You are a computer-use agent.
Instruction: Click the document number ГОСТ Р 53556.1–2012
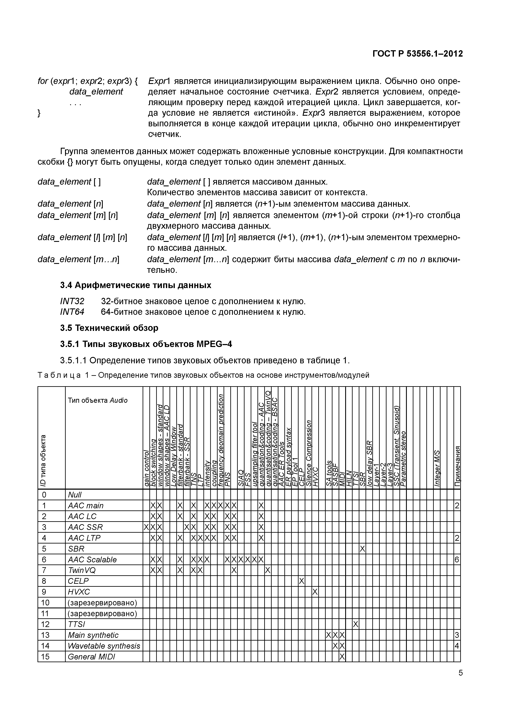point(417,54)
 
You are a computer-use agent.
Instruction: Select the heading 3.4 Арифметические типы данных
point(136,285)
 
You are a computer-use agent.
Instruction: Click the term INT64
point(72,312)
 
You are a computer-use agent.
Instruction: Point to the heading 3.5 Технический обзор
point(109,328)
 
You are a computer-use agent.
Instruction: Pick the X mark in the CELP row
point(302,581)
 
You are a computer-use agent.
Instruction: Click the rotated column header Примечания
point(457,466)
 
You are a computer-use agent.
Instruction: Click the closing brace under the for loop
point(39,113)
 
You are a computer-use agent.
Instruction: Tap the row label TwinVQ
point(82,570)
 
